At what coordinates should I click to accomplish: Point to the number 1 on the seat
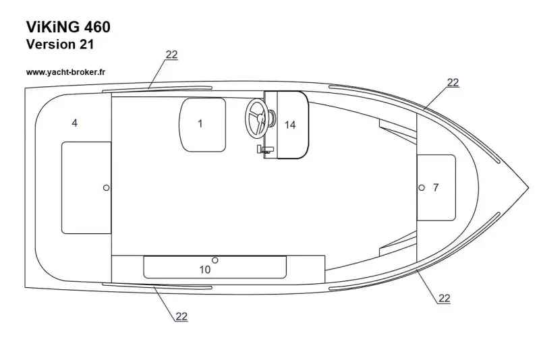200,123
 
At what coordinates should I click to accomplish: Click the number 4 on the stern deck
74,123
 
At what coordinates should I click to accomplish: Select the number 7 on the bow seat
436,187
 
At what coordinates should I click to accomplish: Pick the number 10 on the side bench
205,270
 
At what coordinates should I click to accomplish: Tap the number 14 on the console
290,125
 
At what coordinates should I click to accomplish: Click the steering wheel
257,118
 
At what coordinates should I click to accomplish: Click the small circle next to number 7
422,187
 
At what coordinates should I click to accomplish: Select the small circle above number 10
215,260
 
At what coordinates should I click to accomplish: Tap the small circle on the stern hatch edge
106,187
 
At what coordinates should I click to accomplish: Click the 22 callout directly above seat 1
171,55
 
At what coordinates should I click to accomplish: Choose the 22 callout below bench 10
181,316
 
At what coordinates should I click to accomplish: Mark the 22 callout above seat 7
453,82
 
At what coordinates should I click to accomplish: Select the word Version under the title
50,44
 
